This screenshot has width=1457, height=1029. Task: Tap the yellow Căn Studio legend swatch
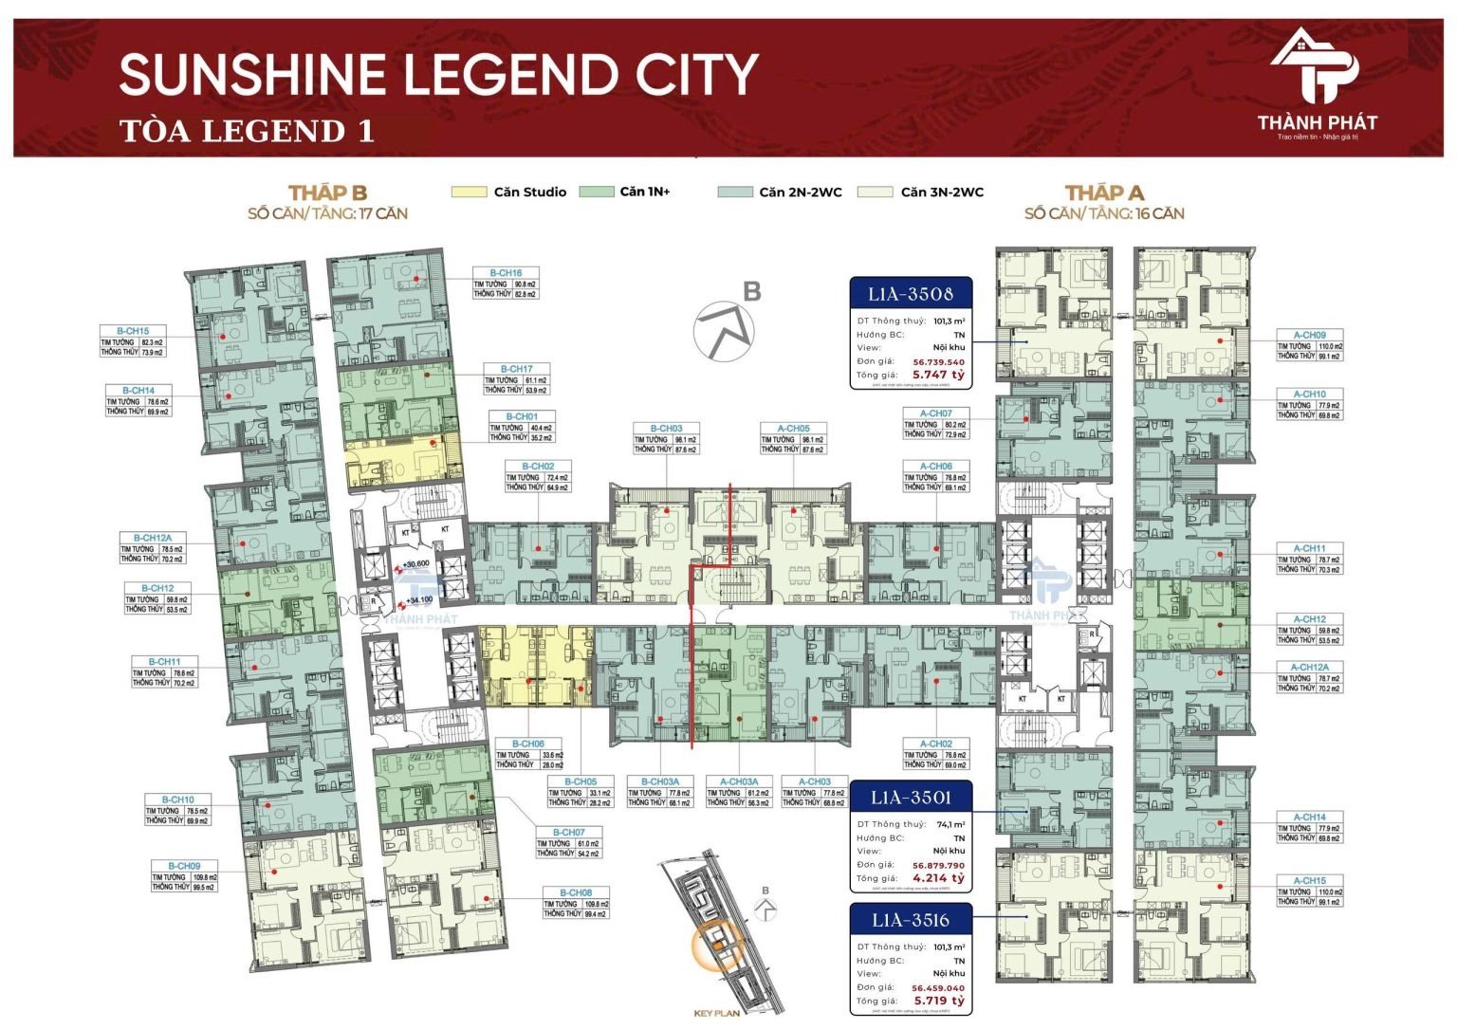(x=469, y=192)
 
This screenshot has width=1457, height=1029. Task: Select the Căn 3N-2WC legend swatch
(x=875, y=192)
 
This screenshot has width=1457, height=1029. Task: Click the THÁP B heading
(x=327, y=193)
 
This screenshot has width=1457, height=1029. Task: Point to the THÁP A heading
(x=1104, y=193)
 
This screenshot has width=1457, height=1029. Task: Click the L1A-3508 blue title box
(x=910, y=294)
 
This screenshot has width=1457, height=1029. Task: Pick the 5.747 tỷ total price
(x=938, y=375)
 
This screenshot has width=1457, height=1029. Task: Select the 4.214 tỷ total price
(x=938, y=878)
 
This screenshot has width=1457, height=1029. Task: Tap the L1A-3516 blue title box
(x=910, y=920)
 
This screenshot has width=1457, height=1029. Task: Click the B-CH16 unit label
(x=506, y=273)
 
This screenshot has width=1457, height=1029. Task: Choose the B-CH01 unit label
(x=521, y=416)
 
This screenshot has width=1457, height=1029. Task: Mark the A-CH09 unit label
(x=1309, y=335)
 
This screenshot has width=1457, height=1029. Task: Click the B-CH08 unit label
(x=575, y=892)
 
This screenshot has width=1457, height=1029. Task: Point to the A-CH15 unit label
(x=1309, y=880)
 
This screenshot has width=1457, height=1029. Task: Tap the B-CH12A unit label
(x=153, y=538)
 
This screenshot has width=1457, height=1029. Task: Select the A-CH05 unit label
(x=793, y=429)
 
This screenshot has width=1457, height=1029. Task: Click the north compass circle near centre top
(x=724, y=331)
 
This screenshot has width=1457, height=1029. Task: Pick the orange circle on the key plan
(x=718, y=945)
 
